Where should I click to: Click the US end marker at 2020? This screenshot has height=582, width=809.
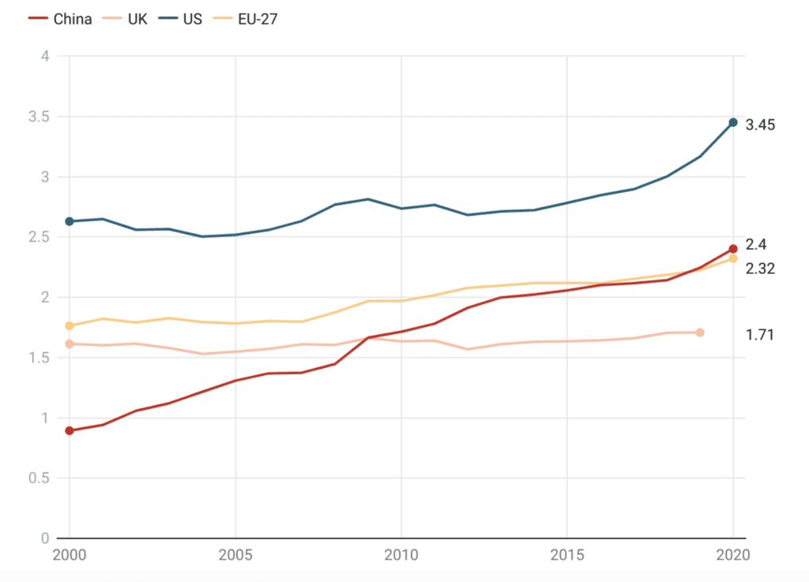pyautogui.click(x=733, y=122)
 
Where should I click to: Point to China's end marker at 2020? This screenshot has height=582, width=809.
pyautogui.click(x=733, y=249)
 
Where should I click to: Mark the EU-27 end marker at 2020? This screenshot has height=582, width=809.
pyautogui.click(x=733, y=258)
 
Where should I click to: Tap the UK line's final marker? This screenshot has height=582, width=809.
pyautogui.click(x=700, y=332)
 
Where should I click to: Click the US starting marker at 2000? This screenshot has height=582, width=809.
pyautogui.click(x=70, y=222)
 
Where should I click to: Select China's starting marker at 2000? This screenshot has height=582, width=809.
pyautogui.click(x=70, y=430)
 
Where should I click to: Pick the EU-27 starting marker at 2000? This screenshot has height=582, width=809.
pyautogui.click(x=70, y=325)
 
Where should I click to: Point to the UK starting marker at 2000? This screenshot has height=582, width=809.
pyautogui.click(x=70, y=344)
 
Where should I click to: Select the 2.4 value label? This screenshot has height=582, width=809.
pyautogui.click(x=756, y=244)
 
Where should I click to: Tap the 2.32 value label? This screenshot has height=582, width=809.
pyautogui.click(x=760, y=268)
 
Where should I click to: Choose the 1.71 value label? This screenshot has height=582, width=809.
pyautogui.click(x=759, y=335)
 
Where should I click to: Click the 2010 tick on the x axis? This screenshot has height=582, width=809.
pyautogui.click(x=401, y=555)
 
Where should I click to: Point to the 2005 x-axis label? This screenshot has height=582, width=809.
pyautogui.click(x=235, y=555)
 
